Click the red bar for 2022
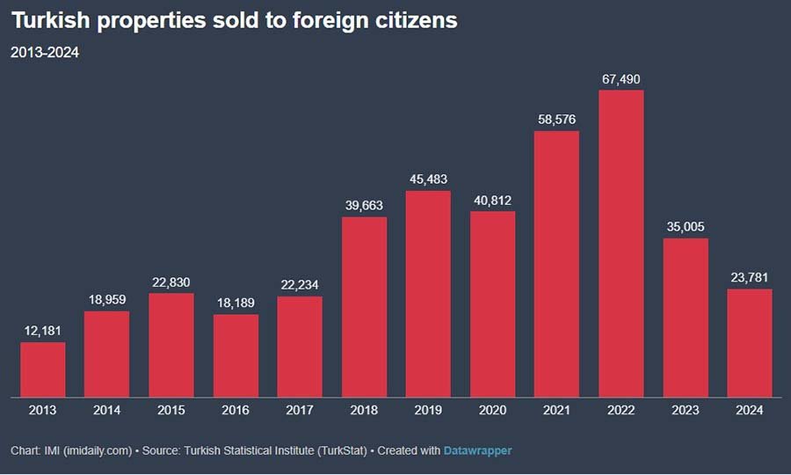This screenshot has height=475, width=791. pos(621,244)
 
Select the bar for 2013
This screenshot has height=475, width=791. pos(43,369)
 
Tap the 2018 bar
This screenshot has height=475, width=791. pos(364,307)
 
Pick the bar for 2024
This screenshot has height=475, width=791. pos(750,343)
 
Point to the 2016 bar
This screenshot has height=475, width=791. pos(236,355)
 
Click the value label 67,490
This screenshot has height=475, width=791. pos(621,80)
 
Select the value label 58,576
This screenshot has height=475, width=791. pos(557,121)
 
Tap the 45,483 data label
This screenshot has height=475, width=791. pos(429,180)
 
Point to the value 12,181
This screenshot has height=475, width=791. pos(43,332)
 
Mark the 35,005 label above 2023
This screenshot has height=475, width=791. pos(686,227)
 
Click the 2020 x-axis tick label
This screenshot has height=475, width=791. pos(493,410)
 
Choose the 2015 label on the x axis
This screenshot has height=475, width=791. pos(171,410)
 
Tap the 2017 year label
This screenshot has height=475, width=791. pos(300,410)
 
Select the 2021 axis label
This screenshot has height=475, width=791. pos(557,410)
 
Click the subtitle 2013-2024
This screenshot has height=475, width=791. pos(45,53)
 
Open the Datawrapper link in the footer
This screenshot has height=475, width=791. pos(478,450)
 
